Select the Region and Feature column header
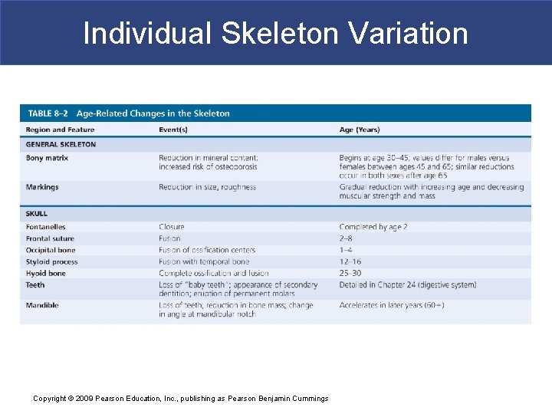click(60, 130)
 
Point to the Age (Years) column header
click(360, 130)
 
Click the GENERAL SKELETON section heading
click(61, 144)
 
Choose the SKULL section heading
click(37, 214)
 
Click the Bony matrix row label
click(47, 158)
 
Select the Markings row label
click(42, 187)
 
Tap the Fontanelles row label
click(46, 227)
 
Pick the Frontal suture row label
click(50, 238)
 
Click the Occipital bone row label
click(51, 250)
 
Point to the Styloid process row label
click(52, 261)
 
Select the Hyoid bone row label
click(46, 273)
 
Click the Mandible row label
click(42, 305)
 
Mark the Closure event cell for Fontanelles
click(172, 227)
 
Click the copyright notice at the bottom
click(181, 398)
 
